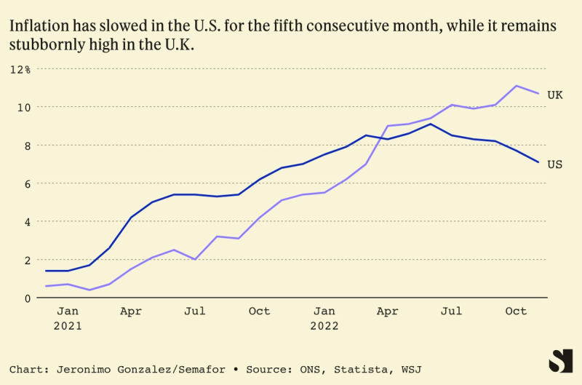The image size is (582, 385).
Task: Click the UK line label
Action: click(555, 95)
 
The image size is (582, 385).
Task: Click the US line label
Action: click(555, 164)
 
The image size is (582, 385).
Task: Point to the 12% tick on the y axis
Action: click(20, 69)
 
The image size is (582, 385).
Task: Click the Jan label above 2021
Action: click(68, 311)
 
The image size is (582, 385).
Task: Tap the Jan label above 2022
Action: click(324, 311)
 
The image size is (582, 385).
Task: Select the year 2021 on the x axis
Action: click(68, 326)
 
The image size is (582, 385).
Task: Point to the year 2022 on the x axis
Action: click(324, 326)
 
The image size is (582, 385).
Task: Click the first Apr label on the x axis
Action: click(131, 311)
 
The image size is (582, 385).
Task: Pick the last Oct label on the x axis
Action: click(516, 311)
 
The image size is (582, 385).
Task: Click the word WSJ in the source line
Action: click(410, 370)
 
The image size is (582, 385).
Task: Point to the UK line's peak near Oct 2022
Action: click(516, 86)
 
